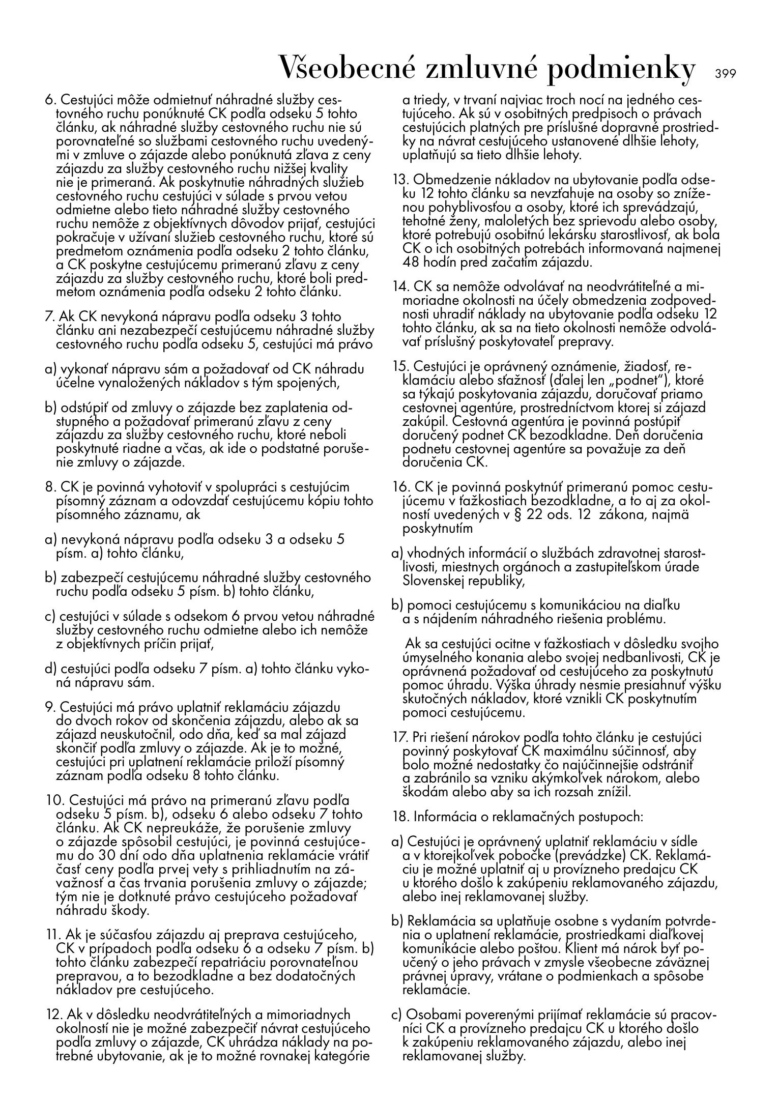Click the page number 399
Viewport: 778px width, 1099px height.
725,74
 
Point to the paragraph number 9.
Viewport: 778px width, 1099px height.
50,708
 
